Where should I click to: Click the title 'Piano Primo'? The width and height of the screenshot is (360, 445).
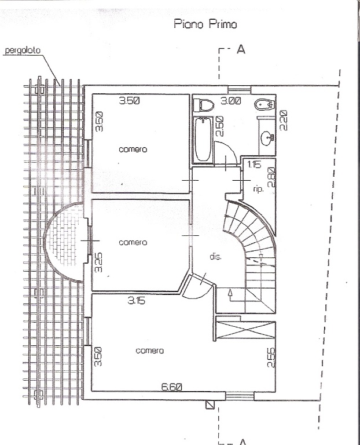205,24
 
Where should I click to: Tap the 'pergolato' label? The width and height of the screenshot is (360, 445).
23,50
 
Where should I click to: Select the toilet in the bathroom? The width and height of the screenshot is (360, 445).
204,105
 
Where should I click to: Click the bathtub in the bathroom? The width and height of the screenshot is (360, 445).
203,140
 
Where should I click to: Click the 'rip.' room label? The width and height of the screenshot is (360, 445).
258,189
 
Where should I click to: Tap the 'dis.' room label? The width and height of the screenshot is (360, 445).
215,257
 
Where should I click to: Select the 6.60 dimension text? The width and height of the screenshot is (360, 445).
171,387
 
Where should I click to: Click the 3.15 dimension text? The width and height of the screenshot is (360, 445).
137,300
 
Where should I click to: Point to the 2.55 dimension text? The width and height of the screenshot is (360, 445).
271,358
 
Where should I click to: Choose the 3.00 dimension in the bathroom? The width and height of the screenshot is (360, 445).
231,101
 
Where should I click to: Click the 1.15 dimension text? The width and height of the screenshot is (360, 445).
254,165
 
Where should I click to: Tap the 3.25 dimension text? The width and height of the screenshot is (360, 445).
98,262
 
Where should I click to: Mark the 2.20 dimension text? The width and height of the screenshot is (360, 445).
284,121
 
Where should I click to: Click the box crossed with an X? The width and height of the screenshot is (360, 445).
245,330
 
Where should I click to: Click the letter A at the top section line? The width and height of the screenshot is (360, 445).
241,49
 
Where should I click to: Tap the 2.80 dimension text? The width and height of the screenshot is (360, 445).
271,178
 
